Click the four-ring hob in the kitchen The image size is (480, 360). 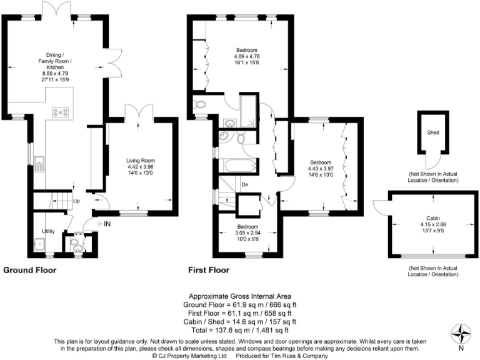61,112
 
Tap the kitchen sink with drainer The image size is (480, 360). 39,164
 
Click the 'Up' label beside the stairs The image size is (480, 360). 77,202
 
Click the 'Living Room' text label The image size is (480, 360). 139,161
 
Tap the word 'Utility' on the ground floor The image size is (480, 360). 49,231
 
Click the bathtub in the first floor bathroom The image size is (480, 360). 238,167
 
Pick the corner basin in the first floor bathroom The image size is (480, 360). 224,136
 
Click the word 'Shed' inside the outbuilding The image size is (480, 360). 432,132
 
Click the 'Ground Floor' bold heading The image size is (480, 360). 30,271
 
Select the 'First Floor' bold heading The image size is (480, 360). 209,271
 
